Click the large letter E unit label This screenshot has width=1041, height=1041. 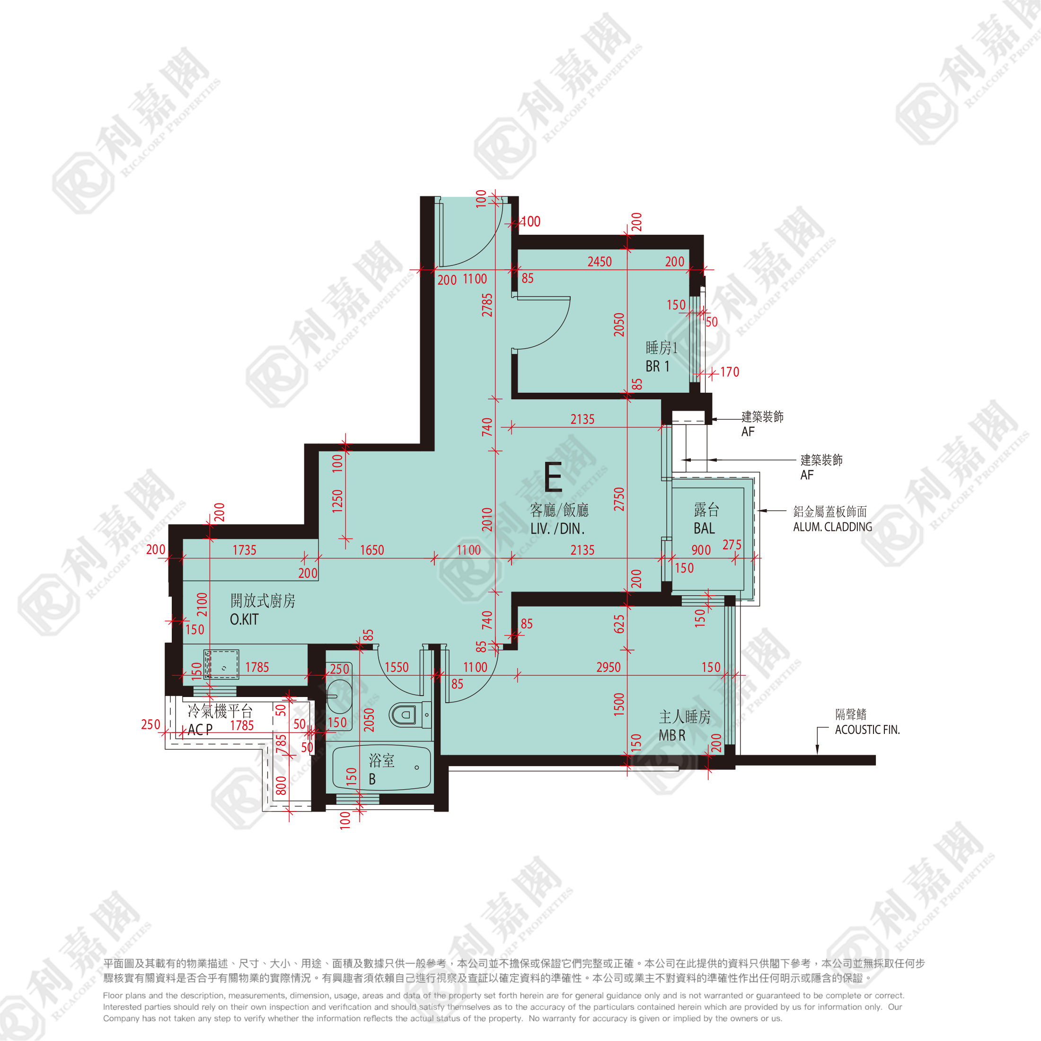553,477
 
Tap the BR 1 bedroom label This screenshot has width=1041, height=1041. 657,366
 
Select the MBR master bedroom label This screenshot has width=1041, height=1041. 672,735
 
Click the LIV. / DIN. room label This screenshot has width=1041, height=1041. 557,529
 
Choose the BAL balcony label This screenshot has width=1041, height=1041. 704,529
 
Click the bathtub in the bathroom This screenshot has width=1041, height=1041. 381,768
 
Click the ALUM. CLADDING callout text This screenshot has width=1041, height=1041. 832,527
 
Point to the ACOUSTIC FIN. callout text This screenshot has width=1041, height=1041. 867,730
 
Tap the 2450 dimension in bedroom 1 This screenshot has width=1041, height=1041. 600,261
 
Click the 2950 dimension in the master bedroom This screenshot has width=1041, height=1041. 609,667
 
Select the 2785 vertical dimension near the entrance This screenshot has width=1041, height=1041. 487,305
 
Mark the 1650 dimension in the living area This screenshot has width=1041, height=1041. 372,550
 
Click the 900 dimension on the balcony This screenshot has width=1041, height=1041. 701,550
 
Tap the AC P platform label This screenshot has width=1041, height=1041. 200,730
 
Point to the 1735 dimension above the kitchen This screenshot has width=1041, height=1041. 244,550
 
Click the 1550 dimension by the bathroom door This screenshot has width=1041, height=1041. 397,667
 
